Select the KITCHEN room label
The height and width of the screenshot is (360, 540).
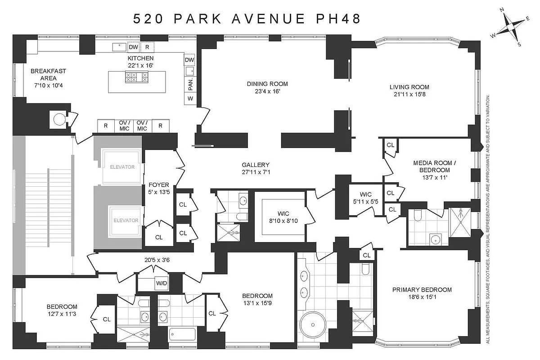point(140,58)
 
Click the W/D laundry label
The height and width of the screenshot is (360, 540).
point(161,284)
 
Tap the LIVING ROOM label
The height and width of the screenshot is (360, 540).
point(409,87)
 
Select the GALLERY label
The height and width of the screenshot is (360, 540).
point(255,165)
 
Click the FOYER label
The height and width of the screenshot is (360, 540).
point(158,184)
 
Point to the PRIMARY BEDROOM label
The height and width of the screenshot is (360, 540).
point(422,290)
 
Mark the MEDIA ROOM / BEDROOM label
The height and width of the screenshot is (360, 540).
point(432,166)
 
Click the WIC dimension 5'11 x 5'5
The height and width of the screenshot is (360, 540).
point(365,201)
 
